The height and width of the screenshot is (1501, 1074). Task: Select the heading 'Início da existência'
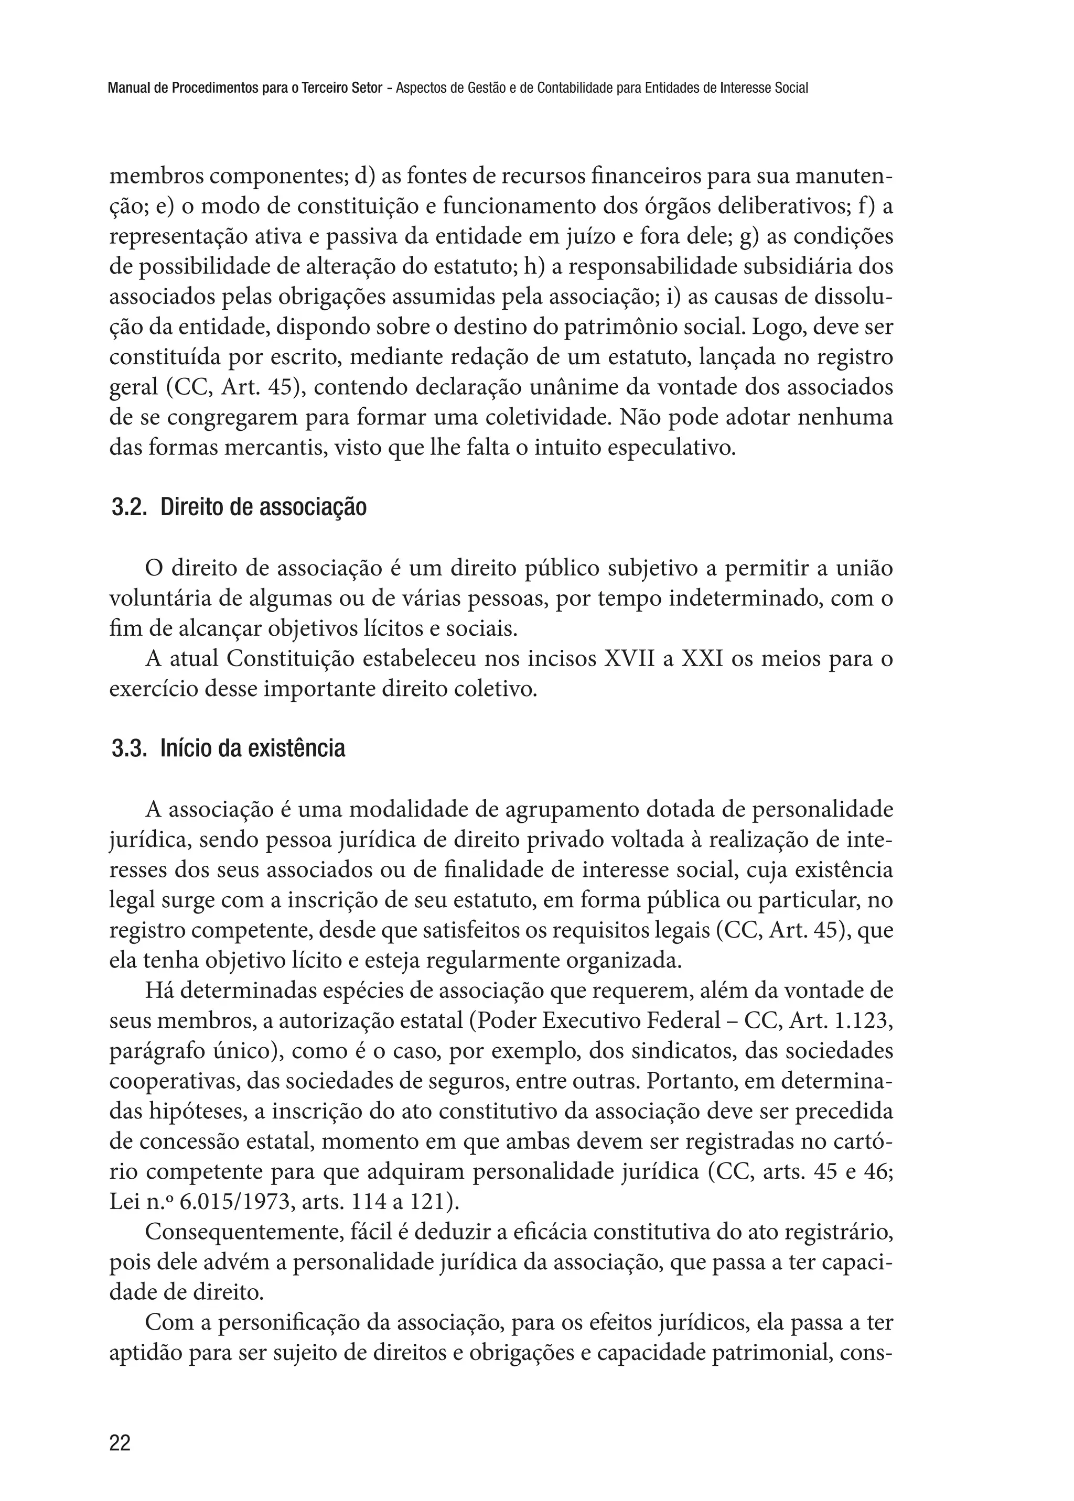(x=253, y=749)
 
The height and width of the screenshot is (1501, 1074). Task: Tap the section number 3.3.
(x=128, y=749)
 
